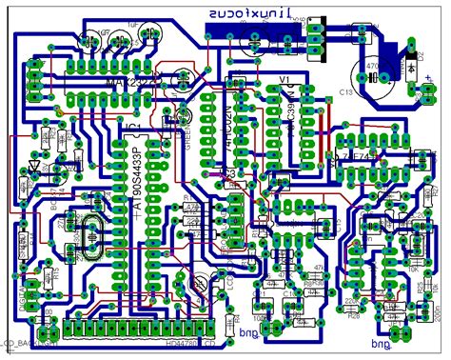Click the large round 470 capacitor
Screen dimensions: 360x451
(371, 72)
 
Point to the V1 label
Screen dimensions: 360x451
(283, 78)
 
